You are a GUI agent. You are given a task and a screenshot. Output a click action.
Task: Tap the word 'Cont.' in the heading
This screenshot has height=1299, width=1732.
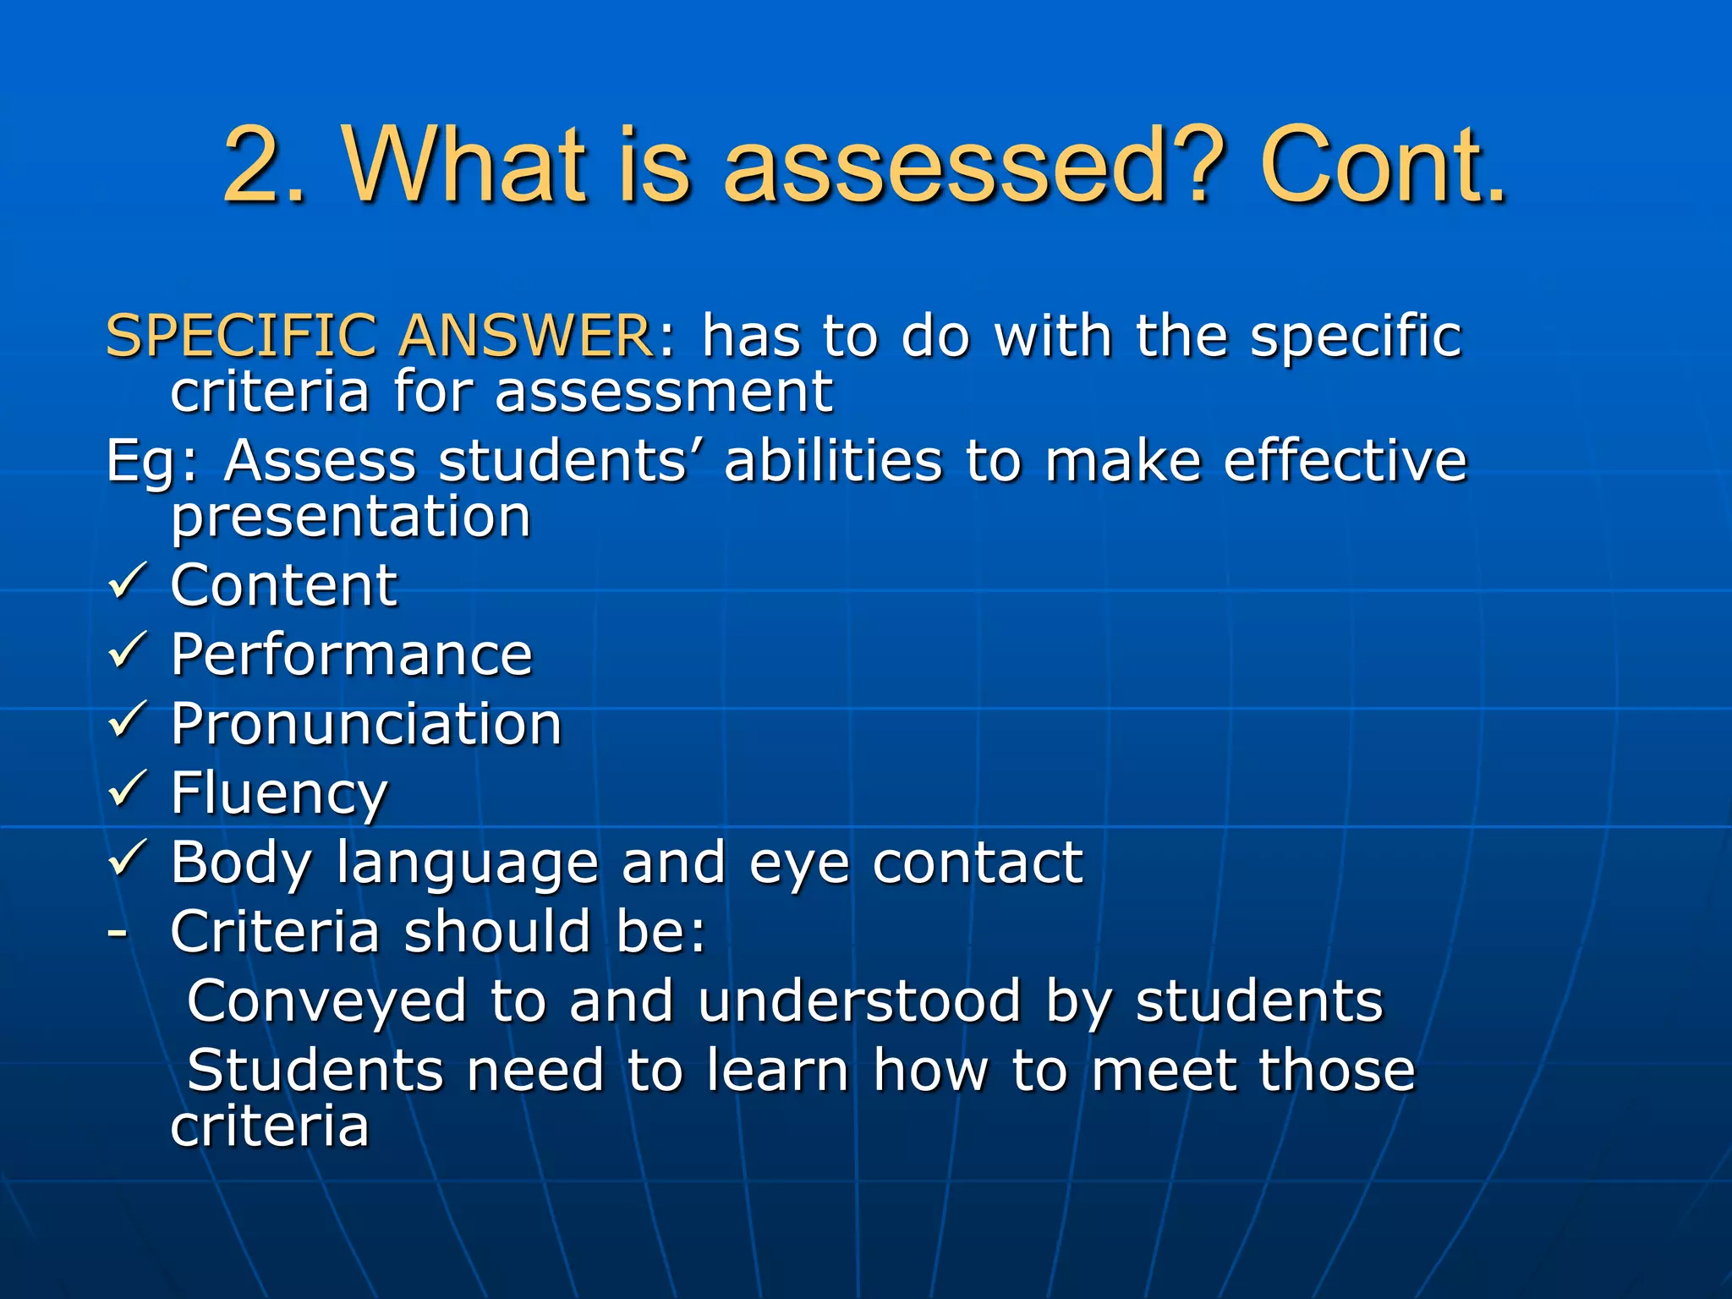[x=1383, y=166]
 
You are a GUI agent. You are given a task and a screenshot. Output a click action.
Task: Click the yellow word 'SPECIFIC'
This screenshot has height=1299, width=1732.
[x=241, y=336]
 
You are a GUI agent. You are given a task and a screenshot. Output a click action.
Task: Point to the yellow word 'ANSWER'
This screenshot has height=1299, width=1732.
[x=524, y=336]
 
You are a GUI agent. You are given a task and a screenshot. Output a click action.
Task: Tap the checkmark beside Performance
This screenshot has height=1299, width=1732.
[x=128, y=651]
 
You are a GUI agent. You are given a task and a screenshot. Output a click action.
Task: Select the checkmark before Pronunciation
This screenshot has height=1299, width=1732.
[x=128, y=721]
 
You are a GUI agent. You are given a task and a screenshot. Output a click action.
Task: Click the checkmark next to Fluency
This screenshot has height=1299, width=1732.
[x=128, y=790]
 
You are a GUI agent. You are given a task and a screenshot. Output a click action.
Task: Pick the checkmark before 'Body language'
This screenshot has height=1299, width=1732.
[x=128, y=859]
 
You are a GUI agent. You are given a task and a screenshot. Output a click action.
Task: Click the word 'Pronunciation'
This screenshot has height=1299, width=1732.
[x=366, y=725]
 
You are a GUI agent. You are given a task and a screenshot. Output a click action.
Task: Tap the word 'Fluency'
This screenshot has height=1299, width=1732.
[x=279, y=794]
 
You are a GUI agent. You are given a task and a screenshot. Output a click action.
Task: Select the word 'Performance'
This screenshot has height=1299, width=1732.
[x=351, y=655]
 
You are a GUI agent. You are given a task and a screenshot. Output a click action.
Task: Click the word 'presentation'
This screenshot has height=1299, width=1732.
[x=351, y=518]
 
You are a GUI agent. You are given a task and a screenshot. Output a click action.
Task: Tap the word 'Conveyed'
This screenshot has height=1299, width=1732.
[x=326, y=1001]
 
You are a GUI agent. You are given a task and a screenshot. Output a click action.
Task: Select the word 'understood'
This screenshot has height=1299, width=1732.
[x=860, y=1001]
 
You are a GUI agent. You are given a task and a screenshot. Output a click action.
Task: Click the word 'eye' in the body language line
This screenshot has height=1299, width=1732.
[x=799, y=864]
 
